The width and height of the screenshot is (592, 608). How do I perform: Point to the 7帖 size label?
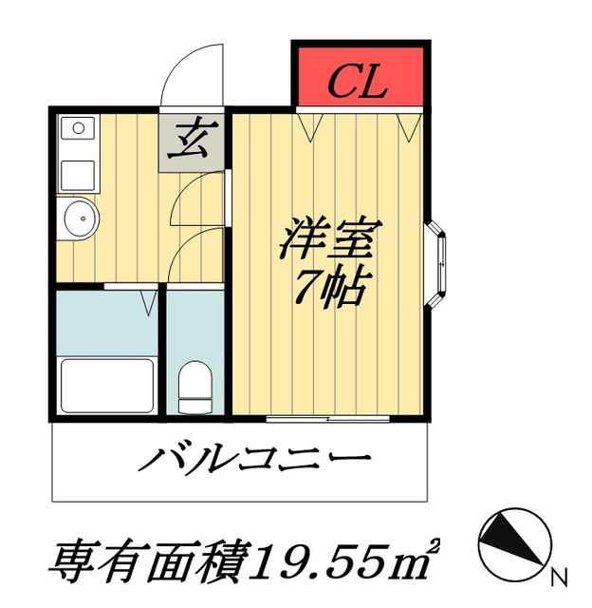coord(328,285)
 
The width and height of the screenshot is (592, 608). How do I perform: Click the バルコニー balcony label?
coord(254,463)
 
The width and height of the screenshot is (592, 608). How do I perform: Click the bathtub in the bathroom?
coord(107,385)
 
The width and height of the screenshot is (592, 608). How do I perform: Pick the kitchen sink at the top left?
coord(77,127)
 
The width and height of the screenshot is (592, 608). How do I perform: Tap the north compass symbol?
coord(512,542)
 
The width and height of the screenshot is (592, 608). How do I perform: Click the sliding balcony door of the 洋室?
coord(331,418)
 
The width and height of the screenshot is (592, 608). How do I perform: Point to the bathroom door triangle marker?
coord(149,303)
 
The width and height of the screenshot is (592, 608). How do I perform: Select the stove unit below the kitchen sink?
coord(77,175)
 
